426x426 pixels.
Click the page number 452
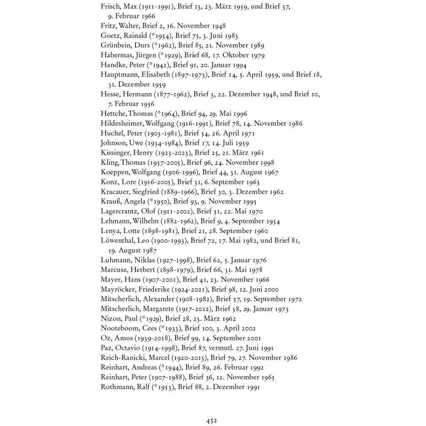212,421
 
